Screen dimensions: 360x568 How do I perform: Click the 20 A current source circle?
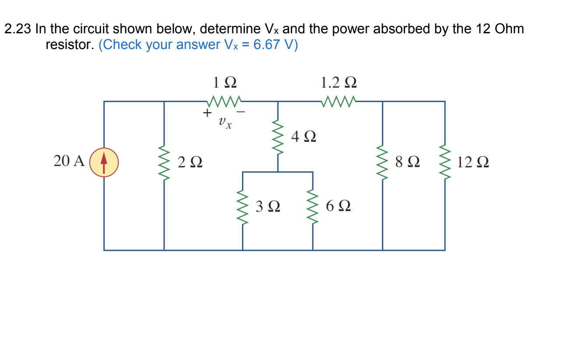tap(104, 162)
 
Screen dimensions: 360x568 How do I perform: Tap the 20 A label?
tap(69, 162)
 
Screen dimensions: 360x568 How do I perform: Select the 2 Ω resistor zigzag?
tap(164, 162)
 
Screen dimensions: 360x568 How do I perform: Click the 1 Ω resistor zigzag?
tap(224, 102)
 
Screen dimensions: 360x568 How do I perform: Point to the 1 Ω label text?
tap(224, 82)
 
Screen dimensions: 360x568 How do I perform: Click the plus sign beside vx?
tap(206, 113)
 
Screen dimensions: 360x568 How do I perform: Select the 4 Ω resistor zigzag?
tap(278, 137)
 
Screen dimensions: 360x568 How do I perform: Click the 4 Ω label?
tap(304, 137)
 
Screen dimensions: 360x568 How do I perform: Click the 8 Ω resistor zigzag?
tap(383, 162)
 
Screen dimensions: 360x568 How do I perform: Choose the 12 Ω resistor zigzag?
tap(445, 162)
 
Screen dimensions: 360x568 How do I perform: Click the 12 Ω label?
tap(473, 162)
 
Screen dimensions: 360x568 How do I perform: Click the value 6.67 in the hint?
tap(266, 45)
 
